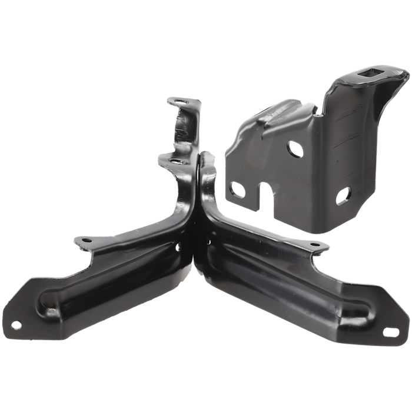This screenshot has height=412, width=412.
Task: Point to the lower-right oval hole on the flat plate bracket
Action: (343, 193)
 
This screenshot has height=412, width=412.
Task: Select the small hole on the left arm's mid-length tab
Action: (86, 240)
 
